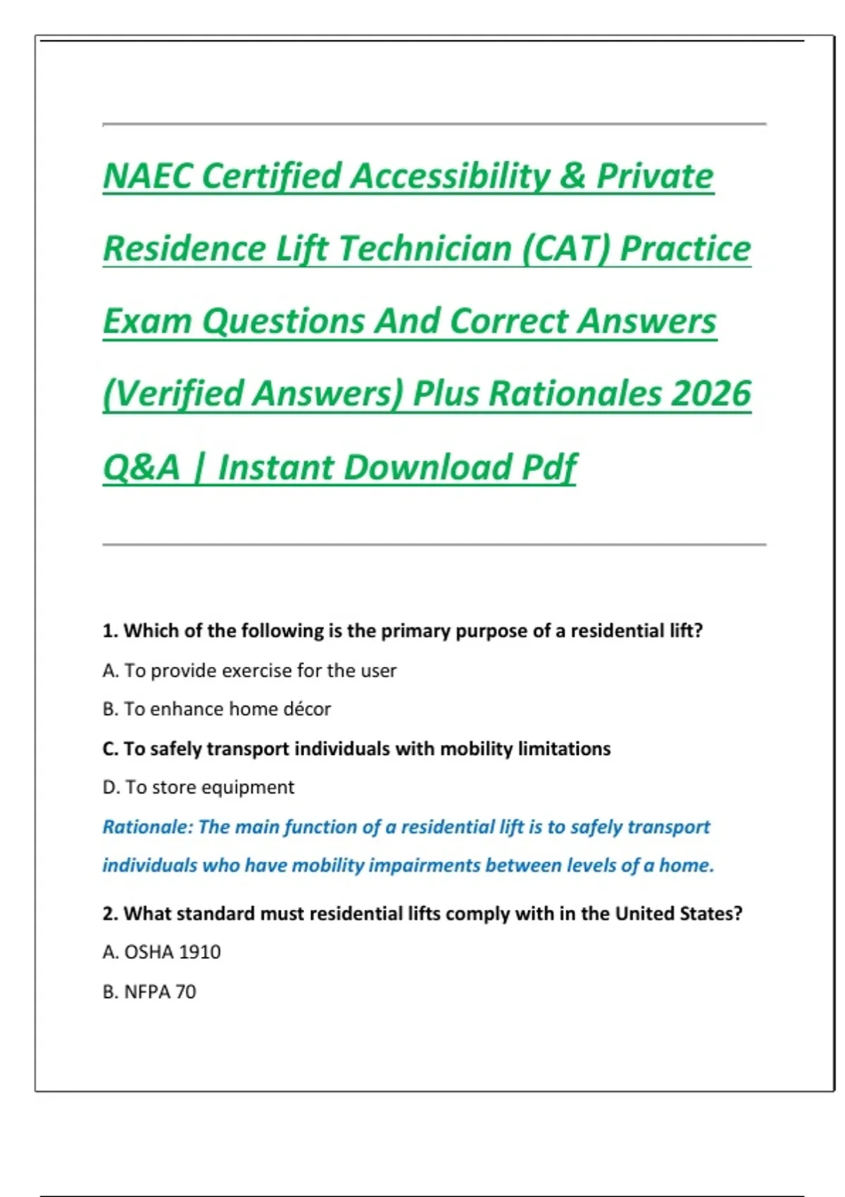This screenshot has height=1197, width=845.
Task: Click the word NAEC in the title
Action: click(148, 176)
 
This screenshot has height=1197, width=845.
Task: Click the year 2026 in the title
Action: click(711, 393)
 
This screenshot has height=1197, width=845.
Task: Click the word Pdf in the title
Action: click(549, 468)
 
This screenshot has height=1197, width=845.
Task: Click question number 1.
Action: click(110, 631)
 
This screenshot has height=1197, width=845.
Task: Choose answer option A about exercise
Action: click(249, 670)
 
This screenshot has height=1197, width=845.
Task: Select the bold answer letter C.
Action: click(110, 748)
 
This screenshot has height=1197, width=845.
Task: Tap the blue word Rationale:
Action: click(147, 827)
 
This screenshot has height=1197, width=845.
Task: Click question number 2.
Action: click(110, 914)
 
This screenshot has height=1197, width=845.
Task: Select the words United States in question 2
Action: click(678, 914)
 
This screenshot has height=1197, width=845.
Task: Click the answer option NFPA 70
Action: click(149, 992)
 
